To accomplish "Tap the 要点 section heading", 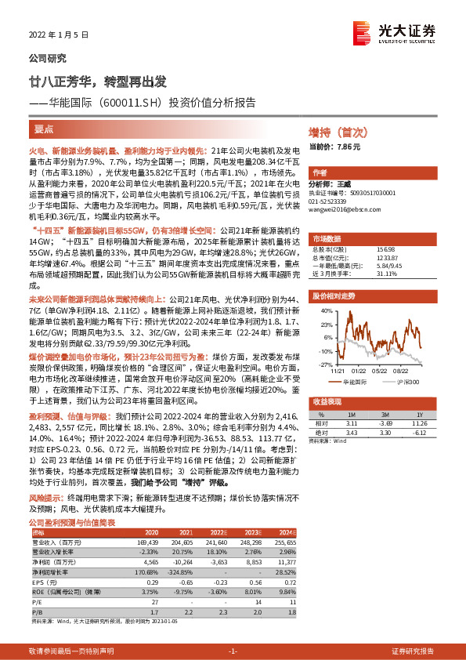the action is click(x=45, y=128).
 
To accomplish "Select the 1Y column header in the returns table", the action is click(x=419, y=414).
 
